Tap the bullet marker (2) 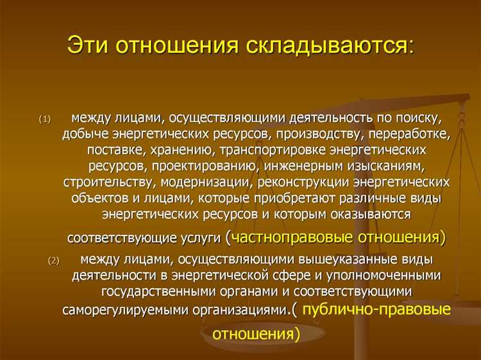(x=53, y=261)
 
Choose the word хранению (x=179, y=150)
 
